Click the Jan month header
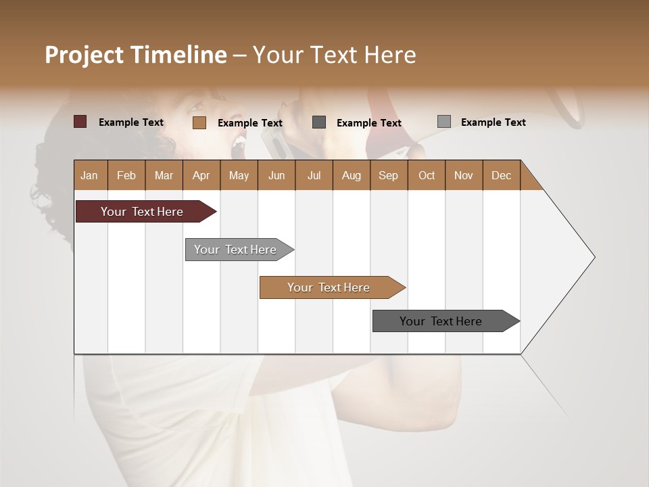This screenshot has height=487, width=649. [90, 175]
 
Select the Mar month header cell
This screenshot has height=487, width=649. [164, 175]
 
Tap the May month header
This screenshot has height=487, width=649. [239, 175]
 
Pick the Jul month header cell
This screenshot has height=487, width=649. [314, 175]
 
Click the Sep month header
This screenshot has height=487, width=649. [389, 175]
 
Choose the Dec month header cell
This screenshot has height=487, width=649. [501, 175]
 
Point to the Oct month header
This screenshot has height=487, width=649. [427, 175]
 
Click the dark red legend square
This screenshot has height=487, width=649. [80, 122]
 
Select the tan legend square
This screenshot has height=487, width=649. [199, 122]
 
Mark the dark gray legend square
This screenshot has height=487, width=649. [319, 122]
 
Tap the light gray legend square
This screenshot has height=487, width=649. [444, 122]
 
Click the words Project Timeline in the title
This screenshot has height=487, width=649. [136, 55]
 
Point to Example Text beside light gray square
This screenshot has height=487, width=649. [493, 122]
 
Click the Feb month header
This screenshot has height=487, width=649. [126, 175]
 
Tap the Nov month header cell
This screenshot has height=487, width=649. [464, 175]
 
